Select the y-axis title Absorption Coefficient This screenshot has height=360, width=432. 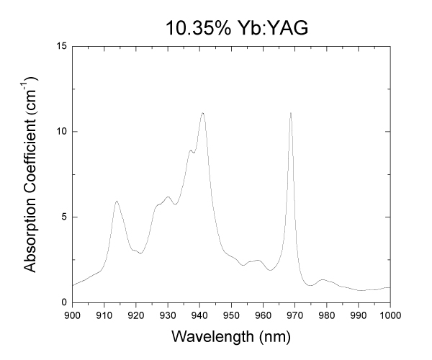tap(31, 174)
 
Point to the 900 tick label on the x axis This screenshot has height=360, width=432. tap(72, 315)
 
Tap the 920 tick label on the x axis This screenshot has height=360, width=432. tap(136, 315)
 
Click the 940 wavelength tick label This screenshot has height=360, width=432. tap(199, 315)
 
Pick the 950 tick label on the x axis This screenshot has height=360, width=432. tap(231, 315)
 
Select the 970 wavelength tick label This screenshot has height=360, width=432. tap(295, 315)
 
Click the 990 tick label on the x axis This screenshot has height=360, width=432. tap(359, 315)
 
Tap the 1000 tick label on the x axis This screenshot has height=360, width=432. tap(390, 315)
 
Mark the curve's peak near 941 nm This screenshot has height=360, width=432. tap(203, 113)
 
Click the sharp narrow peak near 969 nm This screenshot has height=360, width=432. tap(290, 113)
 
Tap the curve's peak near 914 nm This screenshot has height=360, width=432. tap(117, 201)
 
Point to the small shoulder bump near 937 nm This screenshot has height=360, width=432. tap(190, 150)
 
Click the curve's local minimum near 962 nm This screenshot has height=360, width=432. tap(270, 270)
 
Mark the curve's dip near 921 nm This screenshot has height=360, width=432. tap(140, 253)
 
